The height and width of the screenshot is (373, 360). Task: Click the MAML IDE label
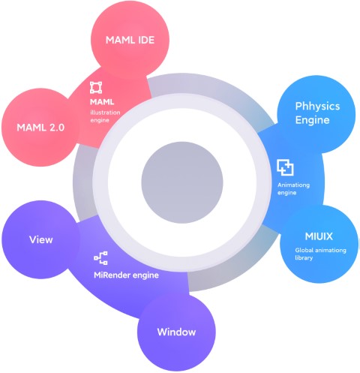pyautogui.click(x=130, y=40)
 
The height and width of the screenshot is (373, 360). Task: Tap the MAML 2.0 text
pyautogui.click(x=40, y=128)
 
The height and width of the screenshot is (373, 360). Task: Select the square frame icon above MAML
pyautogui.click(x=96, y=88)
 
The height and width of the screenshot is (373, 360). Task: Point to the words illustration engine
pyautogui.click(x=105, y=116)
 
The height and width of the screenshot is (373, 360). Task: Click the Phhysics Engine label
pyautogui.click(x=317, y=113)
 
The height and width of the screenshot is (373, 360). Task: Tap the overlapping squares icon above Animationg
pyautogui.click(x=285, y=167)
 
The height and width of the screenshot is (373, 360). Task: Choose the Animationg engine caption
pyautogui.click(x=293, y=189)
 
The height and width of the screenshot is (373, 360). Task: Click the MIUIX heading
pyautogui.click(x=319, y=236)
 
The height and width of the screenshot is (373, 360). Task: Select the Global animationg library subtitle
pyautogui.click(x=320, y=254)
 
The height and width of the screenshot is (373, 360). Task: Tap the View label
pyautogui.click(x=41, y=239)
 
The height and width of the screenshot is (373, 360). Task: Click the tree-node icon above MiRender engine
pyautogui.click(x=100, y=258)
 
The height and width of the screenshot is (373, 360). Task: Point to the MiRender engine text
pyautogui.click(x=126, y=275)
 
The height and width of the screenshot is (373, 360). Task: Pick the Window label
pyautogui.click(x=176, y=332)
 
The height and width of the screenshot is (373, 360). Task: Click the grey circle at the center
pyautogui.click(x=182, y=182)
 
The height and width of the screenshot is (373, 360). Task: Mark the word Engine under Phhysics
pyautogui.click(x=312, y=120)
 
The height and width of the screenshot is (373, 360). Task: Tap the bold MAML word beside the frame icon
pyautogui.click(x=102, y=102)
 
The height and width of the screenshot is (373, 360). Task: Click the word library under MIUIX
pyautogui.click(x=304, y=258)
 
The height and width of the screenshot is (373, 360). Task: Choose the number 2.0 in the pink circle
pyautogui.click(x=57, y=128)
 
